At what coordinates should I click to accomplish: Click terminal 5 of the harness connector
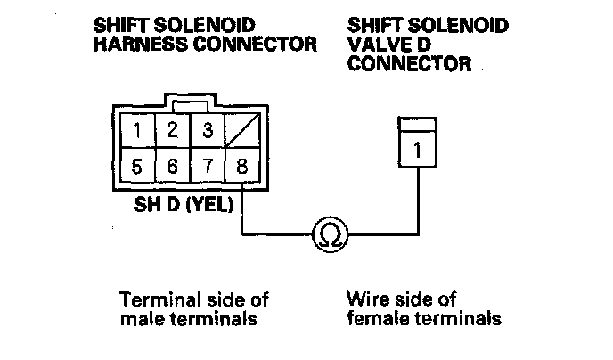tap(137, 167)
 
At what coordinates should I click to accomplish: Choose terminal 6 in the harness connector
tap(173, 167)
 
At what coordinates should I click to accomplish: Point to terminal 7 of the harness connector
tap(207, 167)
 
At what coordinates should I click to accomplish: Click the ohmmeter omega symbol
tap(329, 235)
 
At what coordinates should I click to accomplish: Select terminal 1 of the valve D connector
tap(418, 151)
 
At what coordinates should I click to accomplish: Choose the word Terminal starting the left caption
tap(152, 299)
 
